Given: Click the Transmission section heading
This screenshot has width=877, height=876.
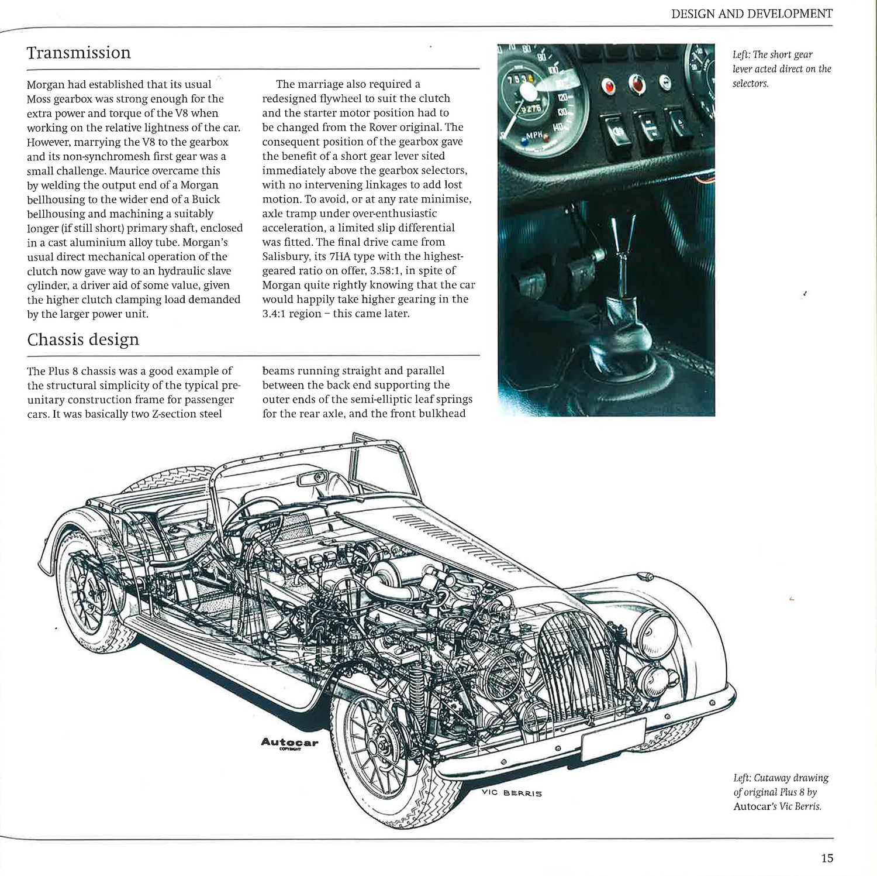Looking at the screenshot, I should [x=79, y=53].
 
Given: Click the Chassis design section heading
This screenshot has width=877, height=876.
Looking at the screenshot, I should [x=83, y=340].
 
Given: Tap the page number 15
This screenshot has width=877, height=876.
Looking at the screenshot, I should [x=827, y=858].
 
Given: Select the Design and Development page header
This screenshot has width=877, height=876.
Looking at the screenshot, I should [x=752, y=13].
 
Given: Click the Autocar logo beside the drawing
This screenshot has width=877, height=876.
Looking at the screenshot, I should [x=289, y=743].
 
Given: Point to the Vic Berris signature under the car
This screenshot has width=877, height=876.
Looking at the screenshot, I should [x=512, y=793].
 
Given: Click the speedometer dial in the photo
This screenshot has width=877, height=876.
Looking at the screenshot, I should [x=529, y=94].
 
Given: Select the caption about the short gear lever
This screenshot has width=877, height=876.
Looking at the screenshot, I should [x=781, y=69].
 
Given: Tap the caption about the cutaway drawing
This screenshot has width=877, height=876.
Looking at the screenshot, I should [x=781, y=792].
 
